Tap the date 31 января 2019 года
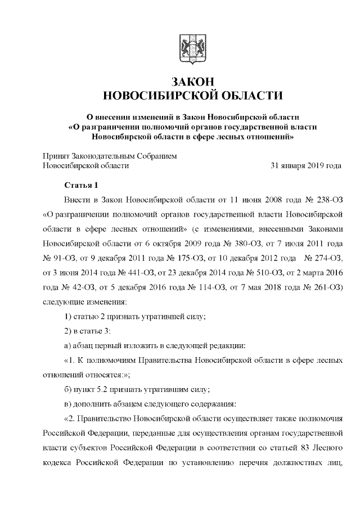coord(306,166)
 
